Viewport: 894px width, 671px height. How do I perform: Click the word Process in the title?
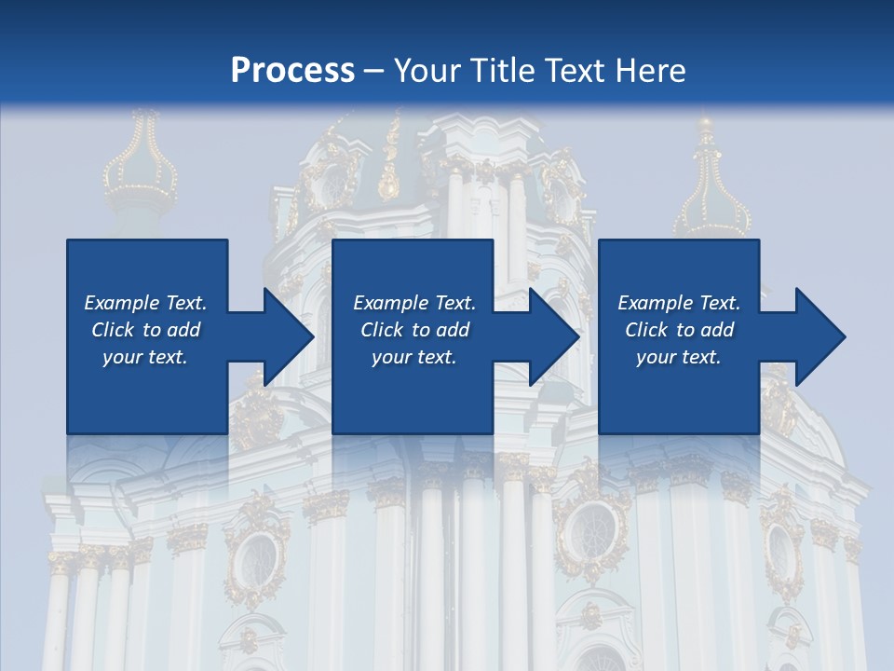292,70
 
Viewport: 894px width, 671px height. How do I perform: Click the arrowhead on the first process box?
284,336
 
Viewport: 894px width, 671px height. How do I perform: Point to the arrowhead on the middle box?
551,336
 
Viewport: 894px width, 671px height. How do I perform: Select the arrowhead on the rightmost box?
818,336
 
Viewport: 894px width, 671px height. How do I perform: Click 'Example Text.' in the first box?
145,303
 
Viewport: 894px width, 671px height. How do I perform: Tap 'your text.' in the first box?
145,357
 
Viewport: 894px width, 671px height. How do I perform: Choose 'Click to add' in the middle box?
414,330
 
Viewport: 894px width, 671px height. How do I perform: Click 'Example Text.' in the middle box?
414,303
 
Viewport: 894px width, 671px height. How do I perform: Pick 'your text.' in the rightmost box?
679,357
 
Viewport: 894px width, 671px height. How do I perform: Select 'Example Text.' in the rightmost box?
679,303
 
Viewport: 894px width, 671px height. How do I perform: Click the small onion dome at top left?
140,172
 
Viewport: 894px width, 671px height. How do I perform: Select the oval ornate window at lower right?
780,550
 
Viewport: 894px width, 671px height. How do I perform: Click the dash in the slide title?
374,70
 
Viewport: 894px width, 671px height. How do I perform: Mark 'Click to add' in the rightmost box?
679,330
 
